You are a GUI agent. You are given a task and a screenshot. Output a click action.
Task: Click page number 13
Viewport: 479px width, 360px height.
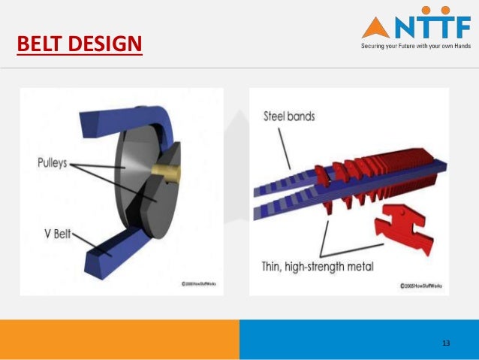tap(446, 343)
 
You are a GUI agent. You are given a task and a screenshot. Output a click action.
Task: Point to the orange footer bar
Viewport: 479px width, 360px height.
tap(119, 339)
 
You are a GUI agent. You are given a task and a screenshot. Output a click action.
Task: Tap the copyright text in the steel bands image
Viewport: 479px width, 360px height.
tap(423, 286)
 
